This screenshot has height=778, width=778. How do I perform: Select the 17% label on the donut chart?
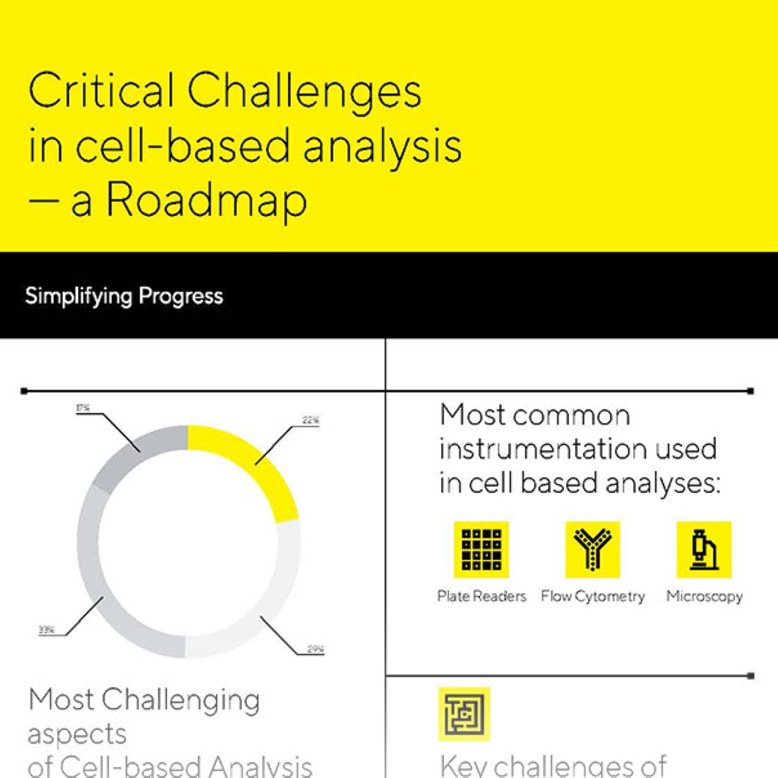click(83, 408)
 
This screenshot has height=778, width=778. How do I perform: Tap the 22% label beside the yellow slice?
click(311, 420)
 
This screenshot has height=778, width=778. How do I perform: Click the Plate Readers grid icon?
click(481, 550)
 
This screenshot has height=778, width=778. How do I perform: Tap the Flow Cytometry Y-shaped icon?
click(592, 550)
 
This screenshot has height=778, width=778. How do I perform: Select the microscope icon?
click(704, 550)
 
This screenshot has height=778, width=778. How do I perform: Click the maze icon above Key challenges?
click(464, 714)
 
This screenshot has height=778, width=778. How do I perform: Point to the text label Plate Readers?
click(481, 596)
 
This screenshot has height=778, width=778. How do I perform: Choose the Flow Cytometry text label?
click(593, 596)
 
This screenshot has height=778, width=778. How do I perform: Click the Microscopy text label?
click(704, 596)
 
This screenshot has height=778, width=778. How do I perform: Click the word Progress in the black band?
click(181, 297)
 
